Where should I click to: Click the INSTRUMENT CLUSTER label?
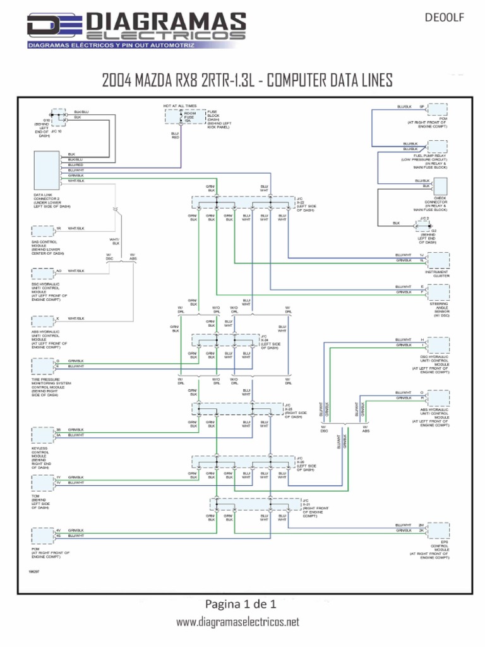pyautogui.click(x=437, y=274)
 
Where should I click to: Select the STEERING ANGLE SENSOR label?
pyautogui.click(x=438, y=309)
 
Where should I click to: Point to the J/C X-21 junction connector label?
pyautogui.click(x=315, y=507)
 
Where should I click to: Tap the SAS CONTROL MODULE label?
pyautogui.click(x=47, y=247)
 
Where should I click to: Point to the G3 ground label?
pyautogui.click(x=434, y=231)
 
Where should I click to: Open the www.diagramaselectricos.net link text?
pyautogui.click(x=237, y=622)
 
